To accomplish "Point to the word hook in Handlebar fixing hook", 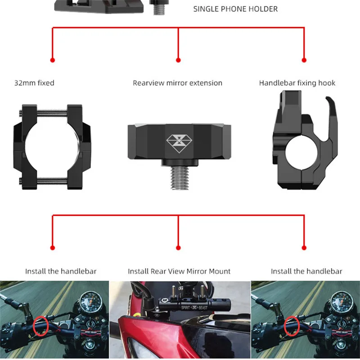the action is tap(327, 83).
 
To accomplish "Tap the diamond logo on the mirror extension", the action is tap(179, 144).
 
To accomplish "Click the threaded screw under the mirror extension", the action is tap(180, 178).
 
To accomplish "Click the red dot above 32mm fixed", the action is tap(53, 60).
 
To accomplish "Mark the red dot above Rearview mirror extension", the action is tap(178, 60).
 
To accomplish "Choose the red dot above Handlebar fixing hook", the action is tap(304, 60).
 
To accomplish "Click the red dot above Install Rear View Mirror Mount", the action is tap(178, 248).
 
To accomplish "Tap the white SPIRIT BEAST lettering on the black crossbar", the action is tap(194, 307).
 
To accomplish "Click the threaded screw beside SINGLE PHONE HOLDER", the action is tap(159, 8).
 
